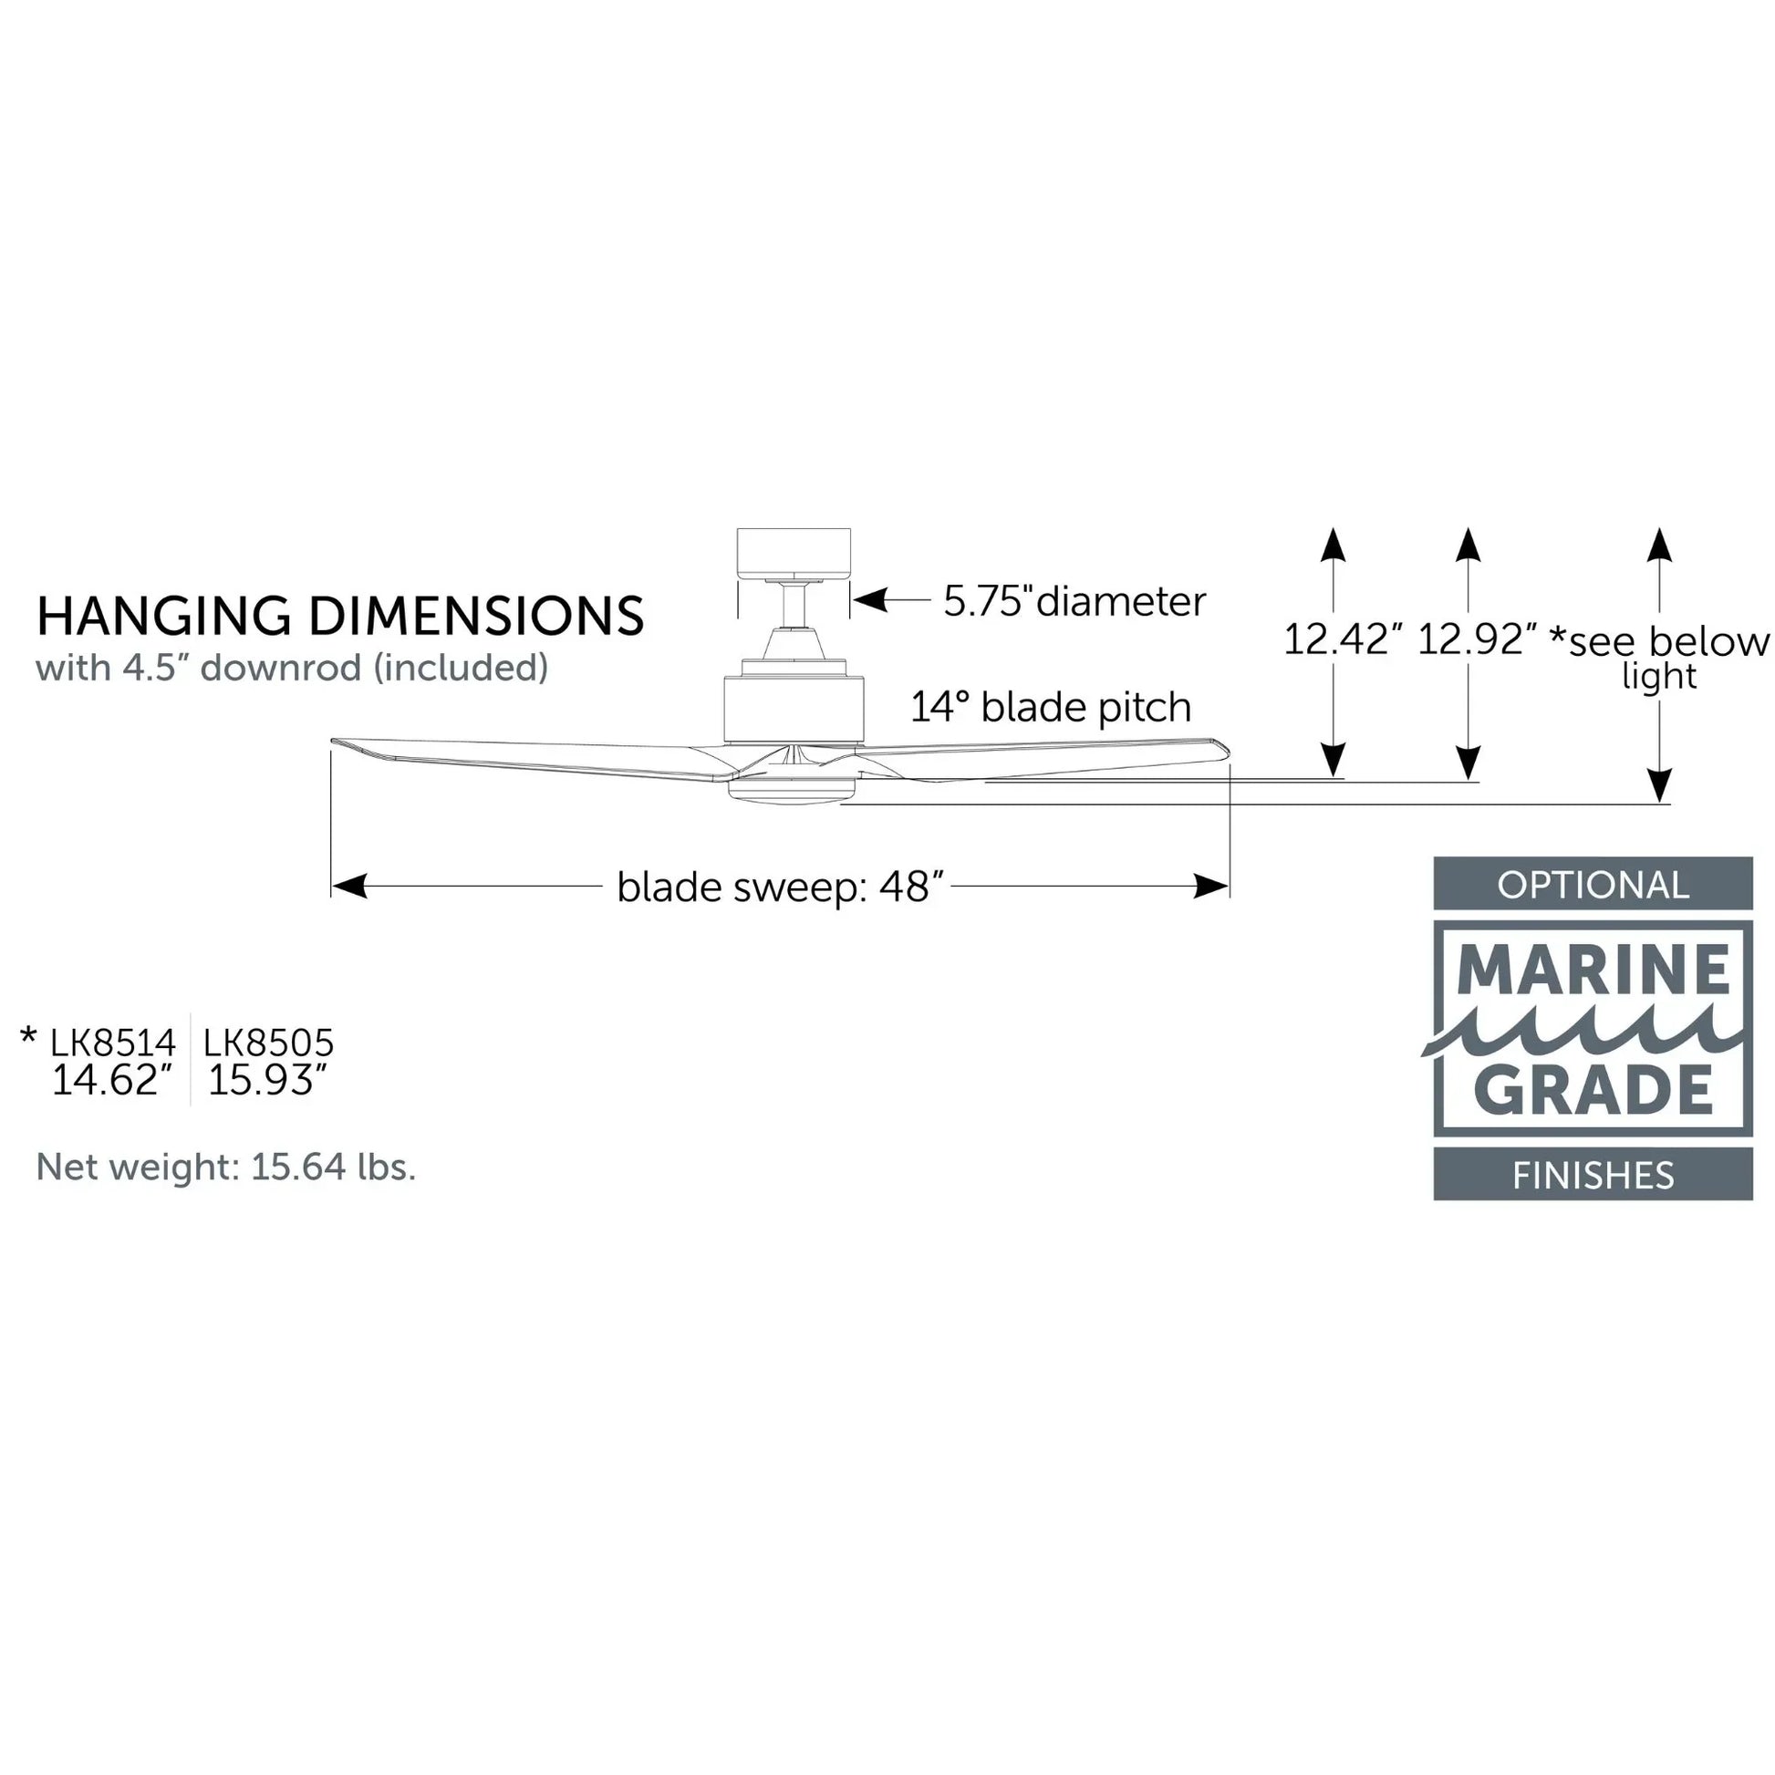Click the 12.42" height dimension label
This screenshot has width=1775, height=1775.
(1343, 639)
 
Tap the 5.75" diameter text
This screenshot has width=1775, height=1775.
(1074, 602)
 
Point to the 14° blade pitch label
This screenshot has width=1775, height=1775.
(1050, 708)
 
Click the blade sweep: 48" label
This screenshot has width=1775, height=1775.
(780, 887)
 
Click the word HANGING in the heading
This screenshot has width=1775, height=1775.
(163, 616)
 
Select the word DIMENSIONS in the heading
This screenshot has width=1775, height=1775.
(476, 616)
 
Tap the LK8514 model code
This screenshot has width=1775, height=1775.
(112, 1043)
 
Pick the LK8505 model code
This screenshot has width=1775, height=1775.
(268, 1043)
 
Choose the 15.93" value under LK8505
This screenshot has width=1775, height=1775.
(267, 1081)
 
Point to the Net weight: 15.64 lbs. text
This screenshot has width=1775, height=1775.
(226, 1167)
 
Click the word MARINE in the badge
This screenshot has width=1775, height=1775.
(1593, 971)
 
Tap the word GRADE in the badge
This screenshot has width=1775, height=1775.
(1593, 1090)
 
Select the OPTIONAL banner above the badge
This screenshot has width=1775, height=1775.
(1593, 885)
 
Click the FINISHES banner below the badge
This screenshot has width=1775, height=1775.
(1593, 1175)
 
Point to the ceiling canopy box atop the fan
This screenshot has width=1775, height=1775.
(794, 552)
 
